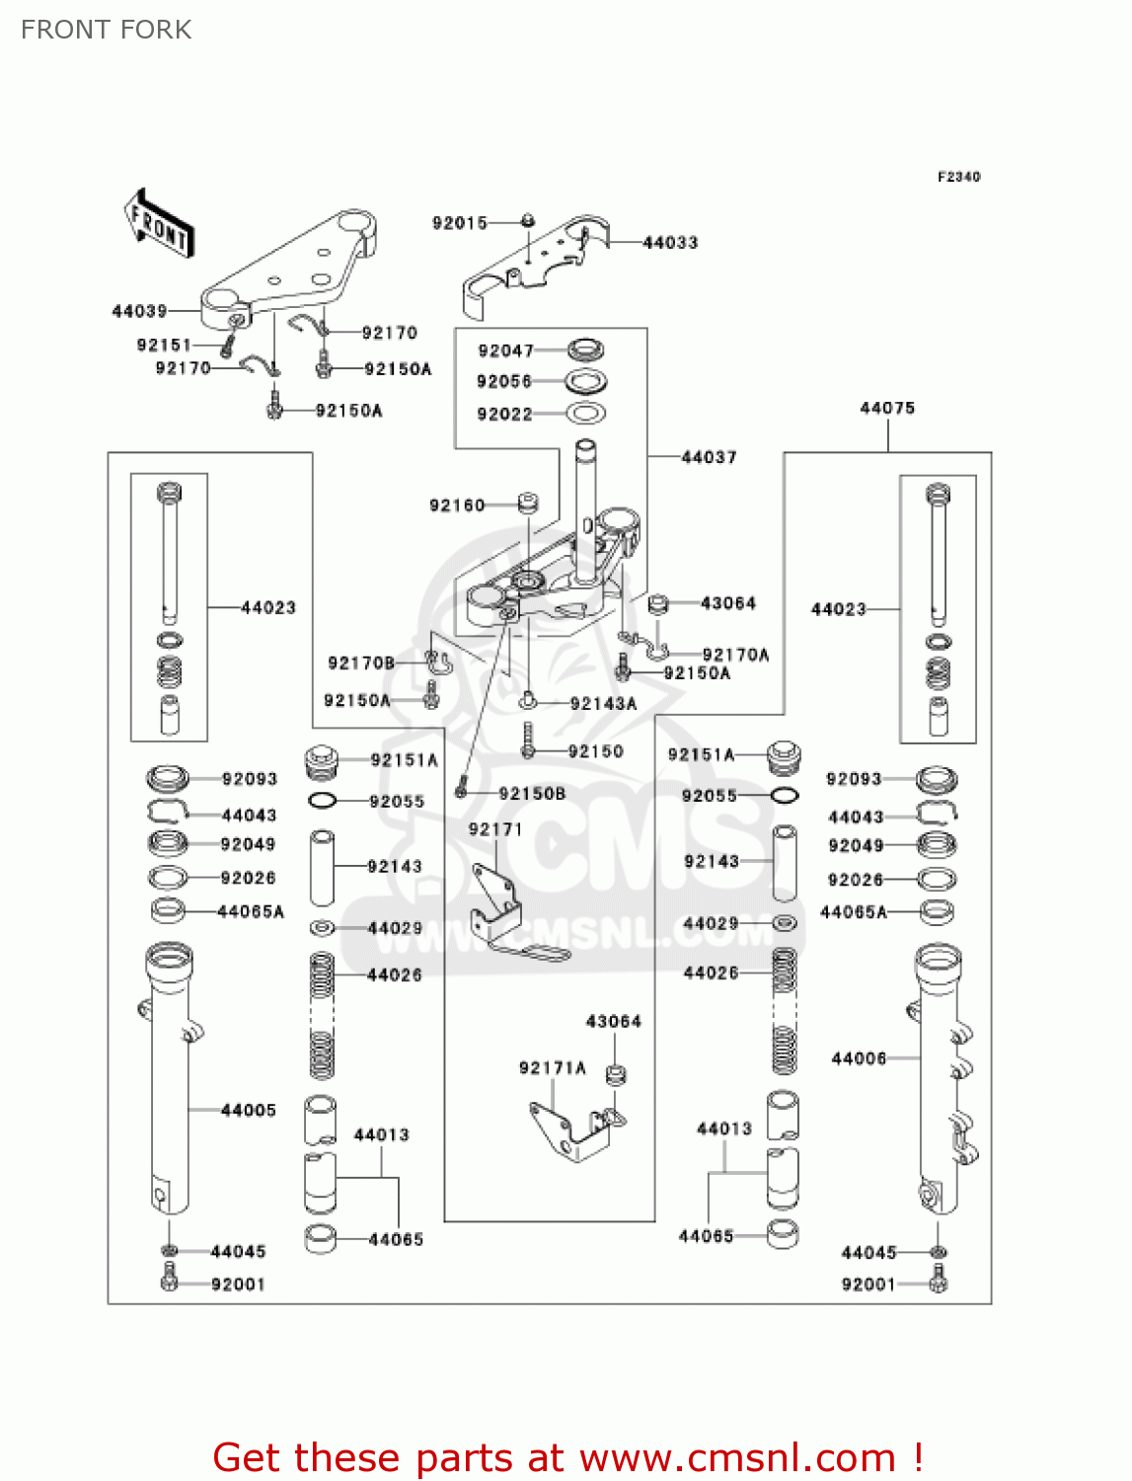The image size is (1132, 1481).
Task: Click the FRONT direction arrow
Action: [x=158, y=224]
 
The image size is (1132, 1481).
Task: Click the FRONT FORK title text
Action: [x=107, y=30]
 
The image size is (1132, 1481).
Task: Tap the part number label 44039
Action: [x=140, y=311]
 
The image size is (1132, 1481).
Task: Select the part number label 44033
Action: [x=670, y=242]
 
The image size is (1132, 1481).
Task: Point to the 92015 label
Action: [x=460, y=223]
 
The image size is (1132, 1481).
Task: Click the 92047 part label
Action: [x=505, y=351]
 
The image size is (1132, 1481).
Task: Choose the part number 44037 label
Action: [x=709, y=457]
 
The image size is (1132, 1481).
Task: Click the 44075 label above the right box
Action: [x=887, y=408]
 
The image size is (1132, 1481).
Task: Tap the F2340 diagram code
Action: [x=958, y=177]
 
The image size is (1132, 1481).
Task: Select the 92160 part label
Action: [x=457, y=506]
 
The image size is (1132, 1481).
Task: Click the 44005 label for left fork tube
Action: [x=249, y=1110]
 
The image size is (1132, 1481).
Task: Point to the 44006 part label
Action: [x=859, y=1058]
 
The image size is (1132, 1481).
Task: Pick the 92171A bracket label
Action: [x=552, y=1067]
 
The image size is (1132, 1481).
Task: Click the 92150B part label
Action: [x=532, y=793]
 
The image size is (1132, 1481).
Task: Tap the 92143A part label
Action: [x=603, y=704]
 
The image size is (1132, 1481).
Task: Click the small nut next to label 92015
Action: [x=528, y=220]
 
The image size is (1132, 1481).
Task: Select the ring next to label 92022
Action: [x=585, y=414]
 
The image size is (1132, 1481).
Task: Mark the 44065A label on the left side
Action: [x=250, y=911]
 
